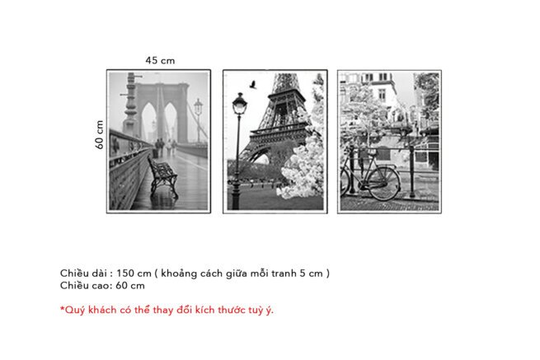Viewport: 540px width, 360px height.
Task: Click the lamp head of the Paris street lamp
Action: [239, 104]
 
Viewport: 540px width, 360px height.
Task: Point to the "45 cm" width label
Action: [160, 60]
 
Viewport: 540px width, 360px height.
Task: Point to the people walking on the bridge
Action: [162, 147]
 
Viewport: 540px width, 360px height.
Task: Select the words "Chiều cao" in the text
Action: [82, 286]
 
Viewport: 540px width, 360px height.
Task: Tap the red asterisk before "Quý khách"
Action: [62, 309]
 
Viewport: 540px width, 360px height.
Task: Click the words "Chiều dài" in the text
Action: [81, 273]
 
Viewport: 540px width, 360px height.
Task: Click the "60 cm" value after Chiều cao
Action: [130, 286]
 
